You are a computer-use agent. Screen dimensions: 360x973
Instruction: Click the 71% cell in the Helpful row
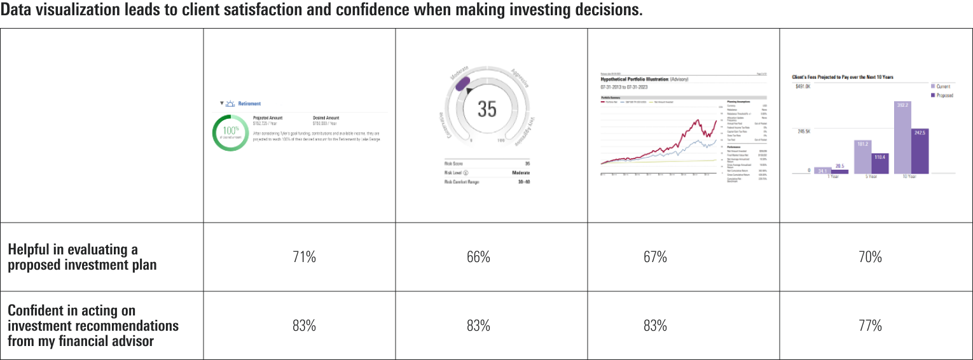pyautogui.click(x=304, y=257)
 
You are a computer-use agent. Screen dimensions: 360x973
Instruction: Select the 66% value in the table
pyautogui.click(x=478, y=257)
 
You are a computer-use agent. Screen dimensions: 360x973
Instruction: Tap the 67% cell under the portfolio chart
pyautogui.click(x=655, y=257)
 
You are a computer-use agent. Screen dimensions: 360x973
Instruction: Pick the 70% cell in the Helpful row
pyautogui.click(x=870, y=257)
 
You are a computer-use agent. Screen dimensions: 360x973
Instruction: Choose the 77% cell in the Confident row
pyautogui.click(x=870, y=326)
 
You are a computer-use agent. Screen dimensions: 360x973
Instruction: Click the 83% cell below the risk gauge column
pyautogui.click(x=478, y=326)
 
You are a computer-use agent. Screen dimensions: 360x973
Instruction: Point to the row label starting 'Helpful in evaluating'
pyautogui.click(x=72, y=257)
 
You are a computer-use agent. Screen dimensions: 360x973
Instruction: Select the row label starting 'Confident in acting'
pyautogui.click(x=93, y=326)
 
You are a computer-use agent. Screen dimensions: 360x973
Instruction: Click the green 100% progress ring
pyautogui.click(x=230, y=132)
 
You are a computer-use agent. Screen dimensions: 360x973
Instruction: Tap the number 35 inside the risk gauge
pyautogui.click(x=486, y=109)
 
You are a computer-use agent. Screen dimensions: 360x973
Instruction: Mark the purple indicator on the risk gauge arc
pyautogui.click(x=460, y=81)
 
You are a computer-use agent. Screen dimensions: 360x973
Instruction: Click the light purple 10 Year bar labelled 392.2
pyautogui.click(x=902, y=137)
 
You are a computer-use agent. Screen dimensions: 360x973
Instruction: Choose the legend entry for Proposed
pyautogui.click(x=942, y=95)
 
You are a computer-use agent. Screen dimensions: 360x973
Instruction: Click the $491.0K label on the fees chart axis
pyautogui.click(x=802, y=87)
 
